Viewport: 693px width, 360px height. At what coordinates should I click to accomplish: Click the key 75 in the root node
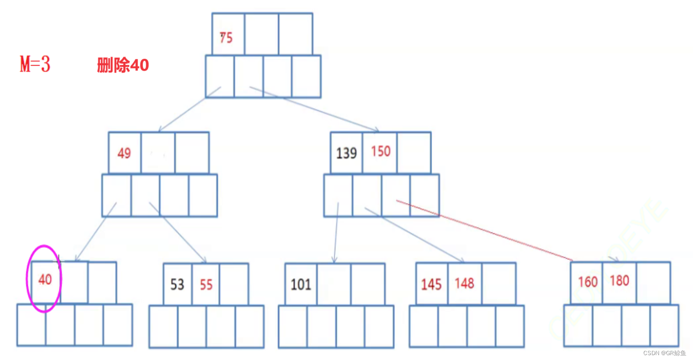coord(226,38)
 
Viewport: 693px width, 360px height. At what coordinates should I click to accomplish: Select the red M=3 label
coord(35,65)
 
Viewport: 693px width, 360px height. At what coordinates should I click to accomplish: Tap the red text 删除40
coord(123,66)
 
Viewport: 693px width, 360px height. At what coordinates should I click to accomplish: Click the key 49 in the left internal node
coord(124,153)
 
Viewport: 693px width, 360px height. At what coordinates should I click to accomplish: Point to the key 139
coord(346,153)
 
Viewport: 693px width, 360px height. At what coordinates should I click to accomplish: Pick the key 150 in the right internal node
coord(381,152)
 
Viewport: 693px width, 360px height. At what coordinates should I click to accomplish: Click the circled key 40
coord(45,280)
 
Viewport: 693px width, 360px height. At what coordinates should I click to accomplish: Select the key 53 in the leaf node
coord(177,284)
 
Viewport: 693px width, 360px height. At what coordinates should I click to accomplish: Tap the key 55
coord(206,284)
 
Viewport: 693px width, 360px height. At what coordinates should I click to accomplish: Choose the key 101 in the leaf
coord(301,284)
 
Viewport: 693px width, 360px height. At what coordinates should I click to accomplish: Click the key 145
coord(431,284)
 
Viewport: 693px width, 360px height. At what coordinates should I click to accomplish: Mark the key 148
coord(464,283)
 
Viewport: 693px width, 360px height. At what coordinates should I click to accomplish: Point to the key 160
coord(588,282)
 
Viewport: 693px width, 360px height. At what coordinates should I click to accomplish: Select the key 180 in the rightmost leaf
coord(619,281)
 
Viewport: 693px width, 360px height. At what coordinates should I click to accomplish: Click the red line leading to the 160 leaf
coord(483,231)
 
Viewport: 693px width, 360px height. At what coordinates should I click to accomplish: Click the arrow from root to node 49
coord(190,109)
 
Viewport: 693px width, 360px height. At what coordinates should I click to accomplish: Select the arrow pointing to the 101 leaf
coord(336,233)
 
